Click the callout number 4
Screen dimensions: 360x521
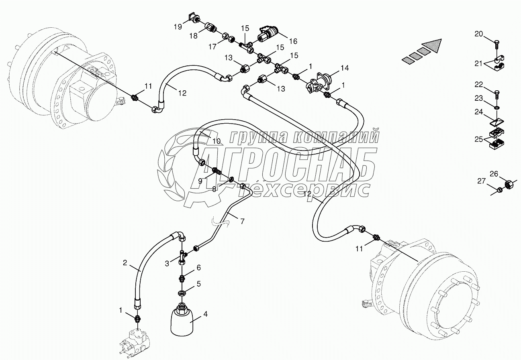[205, 315]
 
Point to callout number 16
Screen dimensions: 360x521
[292, 41]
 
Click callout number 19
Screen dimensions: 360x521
[178, 27]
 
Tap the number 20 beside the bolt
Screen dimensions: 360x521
[479, 34]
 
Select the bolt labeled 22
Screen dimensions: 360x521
[496, 95]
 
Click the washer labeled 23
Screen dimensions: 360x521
[497, 108]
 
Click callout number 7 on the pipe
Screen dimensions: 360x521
[242, 221]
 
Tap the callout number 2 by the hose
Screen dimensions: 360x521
[125, 263]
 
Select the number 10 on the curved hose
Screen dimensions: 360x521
[217, 141]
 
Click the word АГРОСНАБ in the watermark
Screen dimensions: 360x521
[281, 163]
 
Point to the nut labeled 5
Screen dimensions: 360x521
[182, 293]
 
